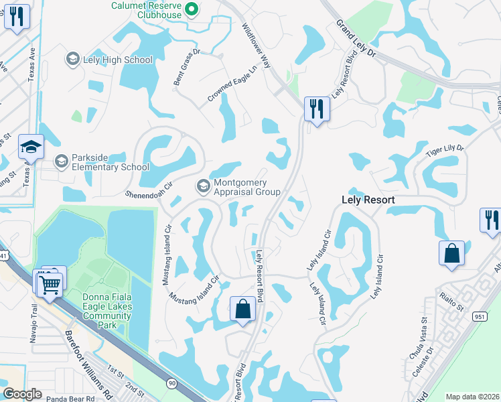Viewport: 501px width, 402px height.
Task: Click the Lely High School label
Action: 118,60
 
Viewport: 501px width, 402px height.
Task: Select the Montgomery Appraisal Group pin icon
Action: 202,184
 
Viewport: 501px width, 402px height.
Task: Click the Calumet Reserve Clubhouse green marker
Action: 191,8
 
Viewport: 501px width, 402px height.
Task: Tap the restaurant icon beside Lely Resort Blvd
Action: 315,108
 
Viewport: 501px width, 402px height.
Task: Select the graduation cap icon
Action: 31,146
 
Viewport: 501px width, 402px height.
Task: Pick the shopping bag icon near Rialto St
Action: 451,254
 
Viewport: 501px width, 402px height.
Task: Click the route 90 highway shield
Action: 172,383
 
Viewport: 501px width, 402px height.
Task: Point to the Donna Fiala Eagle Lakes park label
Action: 109,311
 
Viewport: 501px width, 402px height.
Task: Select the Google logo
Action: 23,394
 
